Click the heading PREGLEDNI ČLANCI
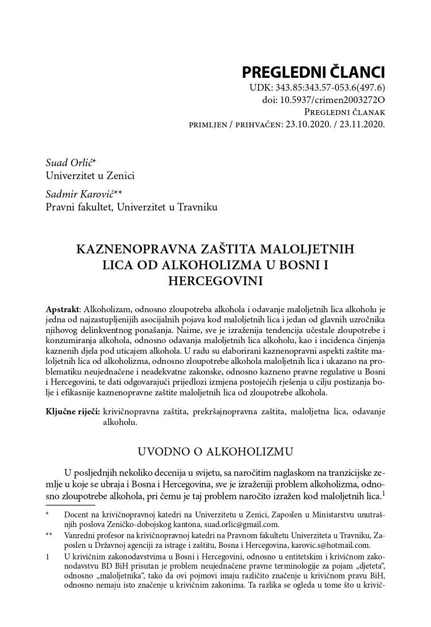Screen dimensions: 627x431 [x=313, y=72]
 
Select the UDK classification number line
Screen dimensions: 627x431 [x=317, y=88]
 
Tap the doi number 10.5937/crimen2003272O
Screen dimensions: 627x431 [x=332, y=100]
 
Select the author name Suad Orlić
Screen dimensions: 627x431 [x=69, y=163]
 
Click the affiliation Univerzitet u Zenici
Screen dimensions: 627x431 [x=90, y=176]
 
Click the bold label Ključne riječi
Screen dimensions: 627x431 [x=73, y=412]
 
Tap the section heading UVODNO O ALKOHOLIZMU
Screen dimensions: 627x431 [x=215, y=451]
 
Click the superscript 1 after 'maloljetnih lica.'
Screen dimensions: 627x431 [x=383, y=494]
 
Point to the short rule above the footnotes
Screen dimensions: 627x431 [x=70, y=505]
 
